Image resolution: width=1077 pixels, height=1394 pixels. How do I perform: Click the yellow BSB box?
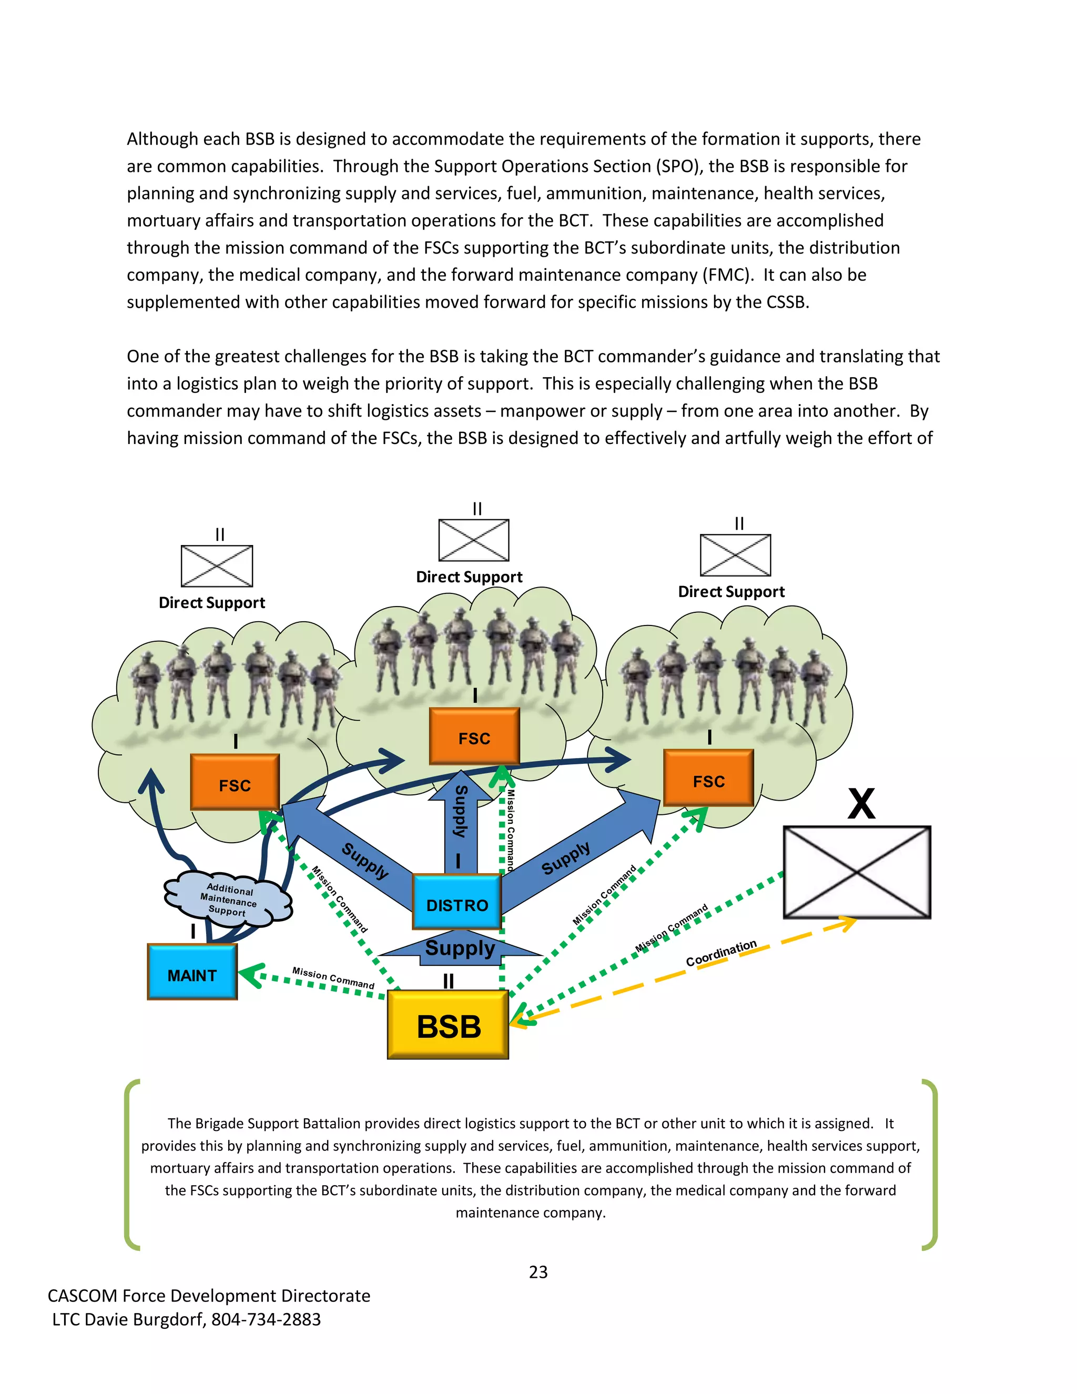coord(448,1025)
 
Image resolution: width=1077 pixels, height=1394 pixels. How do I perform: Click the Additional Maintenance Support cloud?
coord(228,898)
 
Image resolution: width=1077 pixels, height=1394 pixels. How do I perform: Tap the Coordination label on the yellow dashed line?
coord(721,953)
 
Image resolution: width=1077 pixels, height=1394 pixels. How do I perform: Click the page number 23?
coord(538,1272)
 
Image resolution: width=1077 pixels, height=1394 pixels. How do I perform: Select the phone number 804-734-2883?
coord(266,1319)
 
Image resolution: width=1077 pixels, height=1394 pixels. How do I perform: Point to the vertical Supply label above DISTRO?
coord(460,812)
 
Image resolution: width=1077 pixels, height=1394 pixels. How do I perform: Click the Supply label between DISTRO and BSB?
coord(460,948)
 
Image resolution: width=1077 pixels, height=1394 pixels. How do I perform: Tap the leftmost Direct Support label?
coord(212,602)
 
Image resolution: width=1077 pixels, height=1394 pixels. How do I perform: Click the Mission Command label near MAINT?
coord(333,978)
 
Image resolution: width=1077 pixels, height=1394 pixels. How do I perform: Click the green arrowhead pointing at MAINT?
coord(250,975)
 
